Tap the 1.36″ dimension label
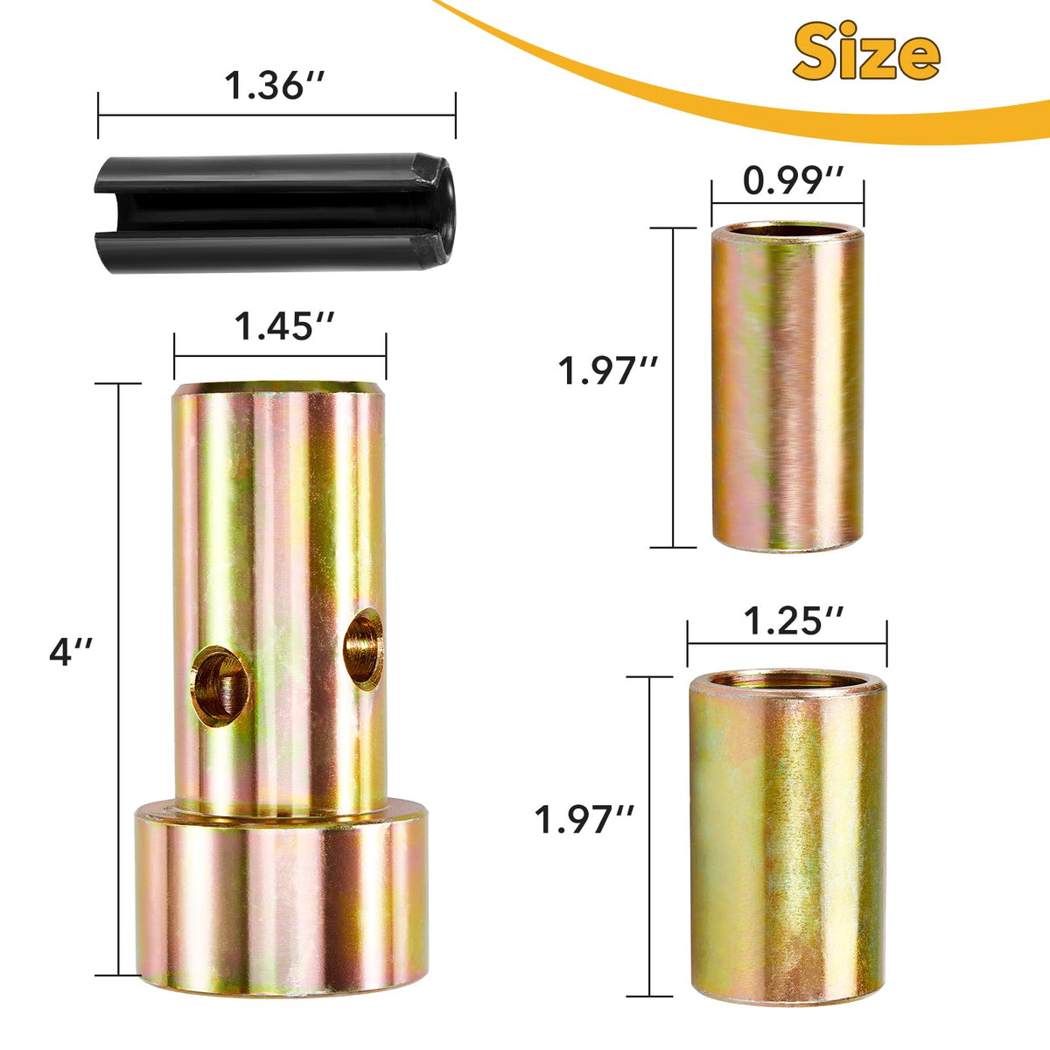pos(275,86)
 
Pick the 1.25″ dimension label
pos(794,621)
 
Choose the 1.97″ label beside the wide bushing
pos(584,819)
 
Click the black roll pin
pos(275,213)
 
